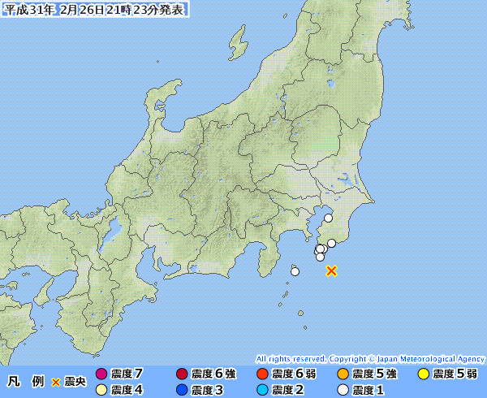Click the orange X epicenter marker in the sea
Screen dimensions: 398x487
coord(331,270)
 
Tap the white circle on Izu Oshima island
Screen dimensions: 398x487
coord(294,271)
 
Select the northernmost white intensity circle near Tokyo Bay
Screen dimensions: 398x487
coord(328,218)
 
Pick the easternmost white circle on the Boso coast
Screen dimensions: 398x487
coord(331,243)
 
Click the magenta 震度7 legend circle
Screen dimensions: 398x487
coord(101,374)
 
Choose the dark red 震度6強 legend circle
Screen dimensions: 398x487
coord(182,374)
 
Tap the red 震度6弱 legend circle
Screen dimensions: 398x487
coord(262,374)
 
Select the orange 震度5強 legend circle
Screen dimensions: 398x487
coord(343,374)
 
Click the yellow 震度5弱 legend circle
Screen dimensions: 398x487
coord(423,374)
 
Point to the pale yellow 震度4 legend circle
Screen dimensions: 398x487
coord(101,390)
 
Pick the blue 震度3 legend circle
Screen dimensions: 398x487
coord(182,390)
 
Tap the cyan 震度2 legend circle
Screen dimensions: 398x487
coord(262,390)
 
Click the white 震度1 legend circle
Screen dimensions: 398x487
coord(343,390)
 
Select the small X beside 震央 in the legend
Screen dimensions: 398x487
coord(56,382)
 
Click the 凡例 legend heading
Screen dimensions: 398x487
coord(25,381)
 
